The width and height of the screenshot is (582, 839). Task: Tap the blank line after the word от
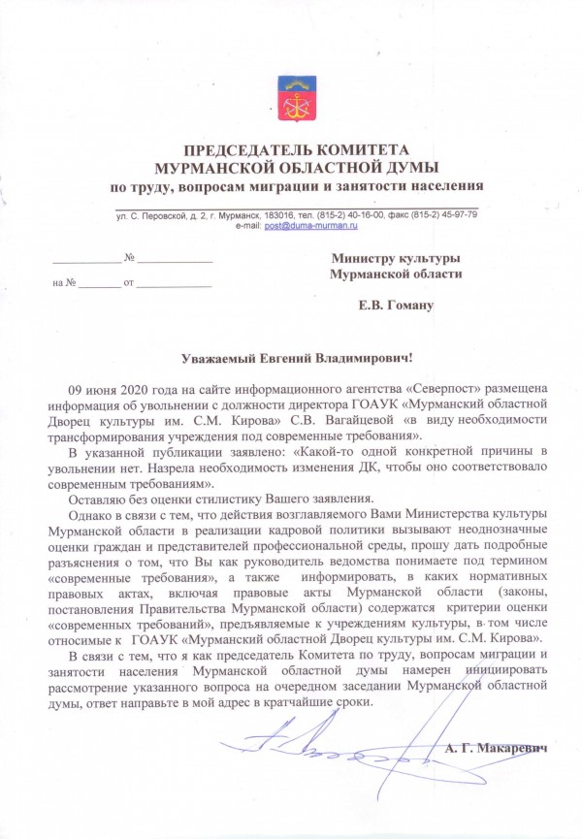[175, 283]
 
